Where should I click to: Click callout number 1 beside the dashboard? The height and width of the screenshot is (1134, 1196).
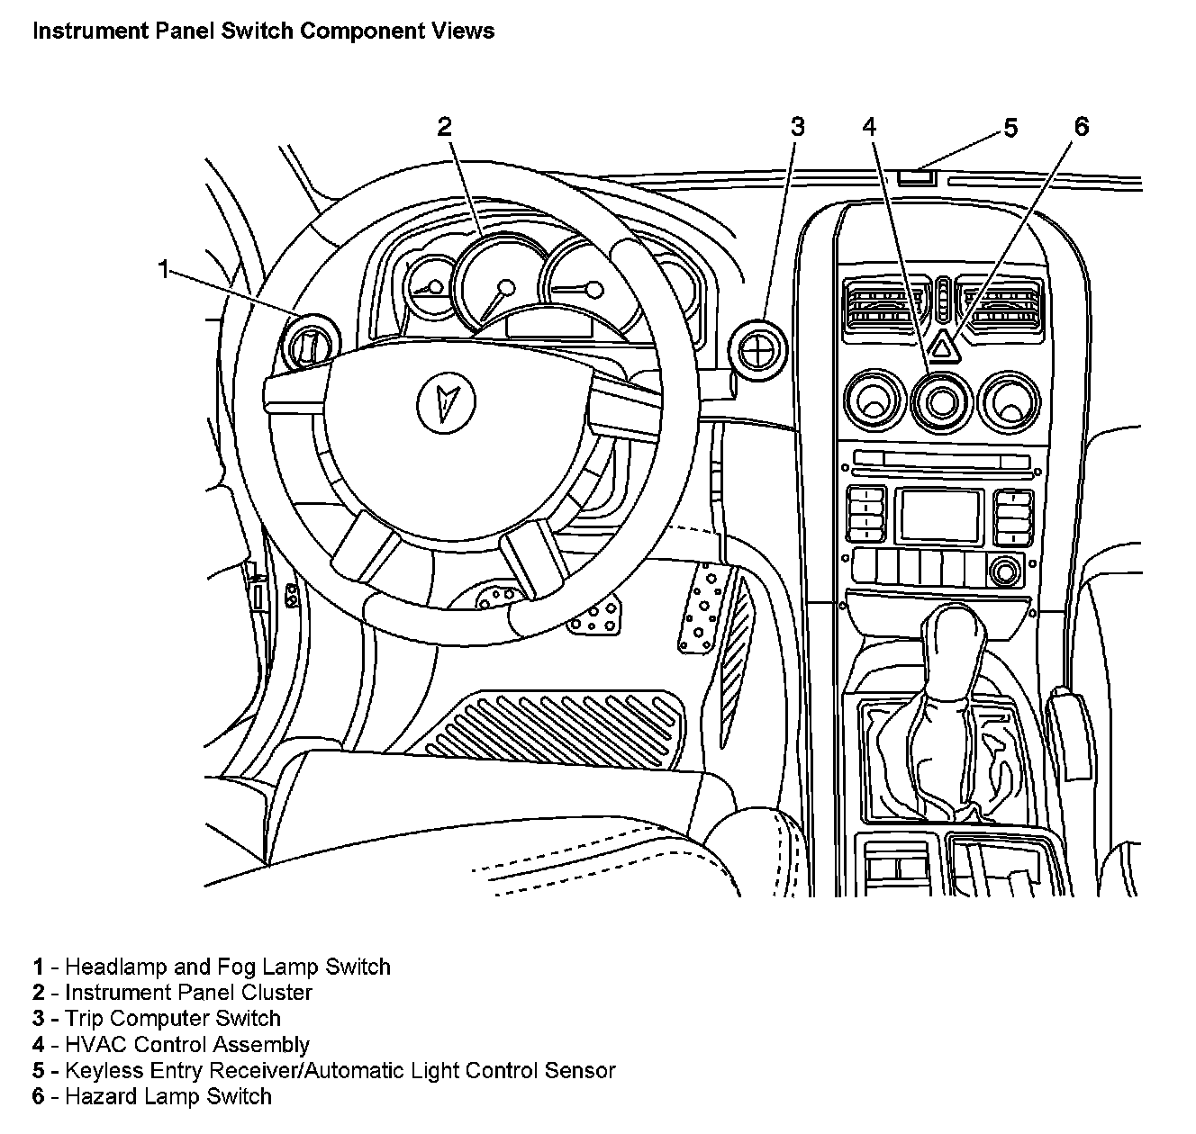[x=163, y=268]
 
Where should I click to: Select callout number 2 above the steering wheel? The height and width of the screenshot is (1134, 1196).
[x=443, y=127]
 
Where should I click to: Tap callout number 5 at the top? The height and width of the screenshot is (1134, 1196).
[x=1010, y=129]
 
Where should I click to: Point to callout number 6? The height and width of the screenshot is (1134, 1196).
[x=1081, y=127]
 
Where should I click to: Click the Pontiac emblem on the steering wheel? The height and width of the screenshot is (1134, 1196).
[x=442, y=397]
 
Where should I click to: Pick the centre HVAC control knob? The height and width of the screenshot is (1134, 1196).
[x=941, y=401]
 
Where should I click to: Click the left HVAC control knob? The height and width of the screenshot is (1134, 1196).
[x=872, y=400]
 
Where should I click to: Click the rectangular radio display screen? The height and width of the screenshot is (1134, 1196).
[x=937, y=516]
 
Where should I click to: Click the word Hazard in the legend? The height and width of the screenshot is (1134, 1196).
[x=98, y=1096]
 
